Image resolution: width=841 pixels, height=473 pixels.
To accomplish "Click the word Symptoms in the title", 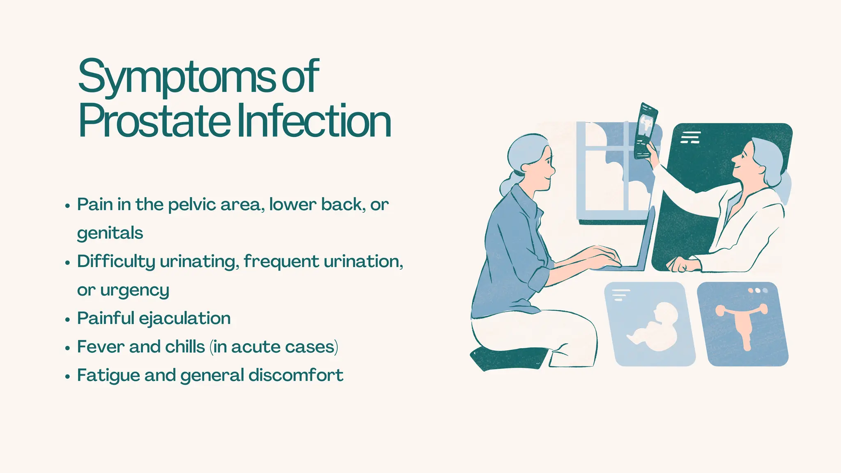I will [177, 77].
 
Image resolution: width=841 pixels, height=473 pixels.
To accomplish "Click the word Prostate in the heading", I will [154, 122].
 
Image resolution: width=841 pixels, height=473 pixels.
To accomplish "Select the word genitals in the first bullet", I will [110, 233].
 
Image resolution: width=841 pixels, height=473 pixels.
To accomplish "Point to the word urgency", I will [134, 290].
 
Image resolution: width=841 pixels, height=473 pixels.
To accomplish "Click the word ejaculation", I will [184, 319].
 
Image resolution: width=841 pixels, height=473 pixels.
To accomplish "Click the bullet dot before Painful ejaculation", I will [68, 320].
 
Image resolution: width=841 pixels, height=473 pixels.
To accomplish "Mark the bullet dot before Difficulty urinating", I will [68, 263].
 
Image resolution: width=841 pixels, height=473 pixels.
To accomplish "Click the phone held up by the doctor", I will [646, 131].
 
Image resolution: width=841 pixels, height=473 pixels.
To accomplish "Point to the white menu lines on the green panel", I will [690, 137].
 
